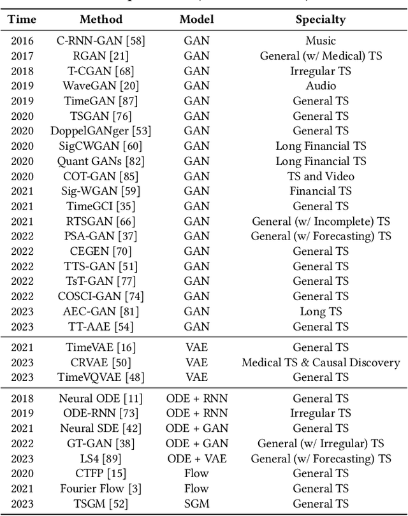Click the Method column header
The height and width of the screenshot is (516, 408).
(x=102, y=19)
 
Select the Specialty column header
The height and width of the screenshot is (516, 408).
(x=321, y=19)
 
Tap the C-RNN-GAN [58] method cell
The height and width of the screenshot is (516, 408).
(x=102, y=41)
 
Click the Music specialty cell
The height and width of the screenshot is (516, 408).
(x=321, y=41)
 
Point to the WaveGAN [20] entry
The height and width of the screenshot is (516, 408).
(x=102, y=86)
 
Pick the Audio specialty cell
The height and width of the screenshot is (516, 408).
(x=321, y=86)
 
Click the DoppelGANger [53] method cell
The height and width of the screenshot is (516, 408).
(x=102, y=131)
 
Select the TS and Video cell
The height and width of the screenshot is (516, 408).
(x=321, y=176)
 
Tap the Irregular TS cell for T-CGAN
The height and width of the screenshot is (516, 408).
(x=321, y=71)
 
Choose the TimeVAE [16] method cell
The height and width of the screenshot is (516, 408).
(x=102, y=347)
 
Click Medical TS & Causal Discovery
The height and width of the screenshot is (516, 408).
(x=321, y=362)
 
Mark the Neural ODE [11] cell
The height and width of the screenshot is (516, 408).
(x=102, y=398)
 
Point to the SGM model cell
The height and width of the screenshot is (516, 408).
(x=196, y=504)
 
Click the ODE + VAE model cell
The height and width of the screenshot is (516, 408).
(x=196, y=459)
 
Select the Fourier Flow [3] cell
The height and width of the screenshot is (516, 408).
(x=102, y=489)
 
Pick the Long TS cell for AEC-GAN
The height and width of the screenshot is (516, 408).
(x=321, y=312)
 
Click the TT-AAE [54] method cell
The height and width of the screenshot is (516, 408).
(x=102, y=327)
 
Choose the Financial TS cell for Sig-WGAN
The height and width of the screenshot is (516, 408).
(x=321, y=191)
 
